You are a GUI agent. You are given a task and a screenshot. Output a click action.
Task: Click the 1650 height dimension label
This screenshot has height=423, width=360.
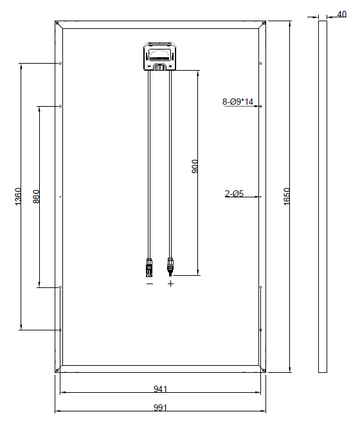tap(287, 197)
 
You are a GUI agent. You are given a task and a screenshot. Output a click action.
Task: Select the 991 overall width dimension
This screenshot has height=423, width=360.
tap(160, 408)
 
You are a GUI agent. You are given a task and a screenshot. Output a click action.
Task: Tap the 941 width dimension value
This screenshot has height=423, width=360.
tap(160, 389)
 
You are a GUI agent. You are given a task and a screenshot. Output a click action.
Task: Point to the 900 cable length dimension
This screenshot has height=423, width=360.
tap(195, 166)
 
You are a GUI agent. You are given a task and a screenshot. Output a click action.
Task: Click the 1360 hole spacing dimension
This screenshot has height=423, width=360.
tap(17, 197)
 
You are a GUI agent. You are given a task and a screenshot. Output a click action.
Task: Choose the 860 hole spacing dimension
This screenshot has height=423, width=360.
tap(36, 197)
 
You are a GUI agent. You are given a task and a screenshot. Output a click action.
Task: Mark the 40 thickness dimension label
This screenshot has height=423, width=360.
tap(341, 14)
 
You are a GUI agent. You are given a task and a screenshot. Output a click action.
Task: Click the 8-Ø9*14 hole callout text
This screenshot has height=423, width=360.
tap(238, 102)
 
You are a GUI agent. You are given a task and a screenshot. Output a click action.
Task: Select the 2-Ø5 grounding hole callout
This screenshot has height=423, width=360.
tap(234, 194)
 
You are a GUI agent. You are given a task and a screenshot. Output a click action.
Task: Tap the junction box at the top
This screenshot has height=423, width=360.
tap(160, 57)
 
